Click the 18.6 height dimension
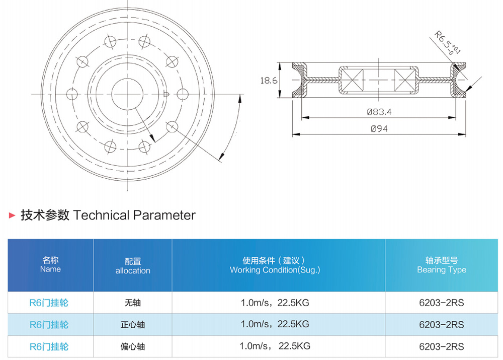269,80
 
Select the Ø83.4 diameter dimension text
379,112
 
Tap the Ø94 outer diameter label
379,129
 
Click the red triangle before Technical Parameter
12,215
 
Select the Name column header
50,265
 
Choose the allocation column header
133,266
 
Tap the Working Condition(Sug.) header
275,265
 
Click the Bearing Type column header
442,265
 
